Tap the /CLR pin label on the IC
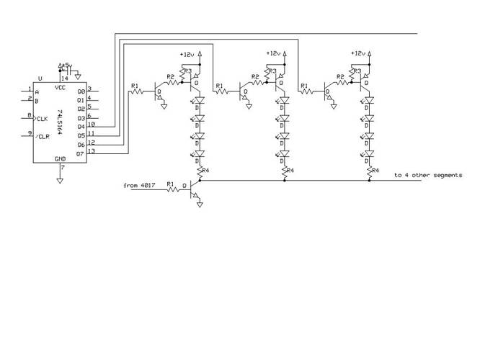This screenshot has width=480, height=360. pos(43,135)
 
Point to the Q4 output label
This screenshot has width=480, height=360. pos(81,127)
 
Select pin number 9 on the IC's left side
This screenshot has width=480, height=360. pos(30,132)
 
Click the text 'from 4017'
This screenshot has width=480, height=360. pos(139,186)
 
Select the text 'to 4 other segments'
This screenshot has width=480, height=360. pos(427,175)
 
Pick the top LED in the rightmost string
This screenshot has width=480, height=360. pos(369,102)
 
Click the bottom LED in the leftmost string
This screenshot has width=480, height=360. pos(199,153)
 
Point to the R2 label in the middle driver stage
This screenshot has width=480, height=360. pos(254,76)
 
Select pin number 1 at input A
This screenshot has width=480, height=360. pos(30,89)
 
